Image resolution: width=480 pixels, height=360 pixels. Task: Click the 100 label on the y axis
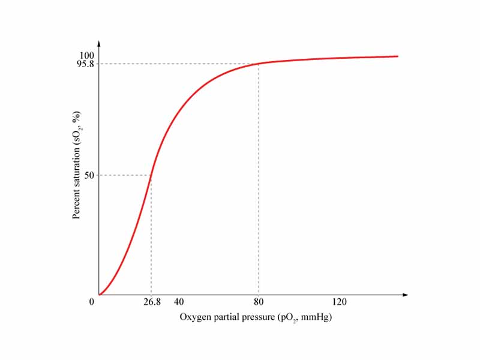point(86,56)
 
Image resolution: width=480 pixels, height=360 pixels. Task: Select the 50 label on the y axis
point(89,175)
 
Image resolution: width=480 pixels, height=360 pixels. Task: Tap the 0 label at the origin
point(92,302)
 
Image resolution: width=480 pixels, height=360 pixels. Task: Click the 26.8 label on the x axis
point(152,302)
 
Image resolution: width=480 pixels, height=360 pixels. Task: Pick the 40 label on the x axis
point(178,302)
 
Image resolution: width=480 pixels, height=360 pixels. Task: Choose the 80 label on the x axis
point(259,302)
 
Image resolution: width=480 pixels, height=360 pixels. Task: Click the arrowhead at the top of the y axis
point(99,43)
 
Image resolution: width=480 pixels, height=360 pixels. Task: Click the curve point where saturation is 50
point(151,175)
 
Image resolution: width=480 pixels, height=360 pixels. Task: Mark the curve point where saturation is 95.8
point(259,64)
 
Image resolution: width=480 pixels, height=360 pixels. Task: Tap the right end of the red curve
point(398,56)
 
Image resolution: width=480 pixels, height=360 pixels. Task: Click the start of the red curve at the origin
point(100,295)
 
